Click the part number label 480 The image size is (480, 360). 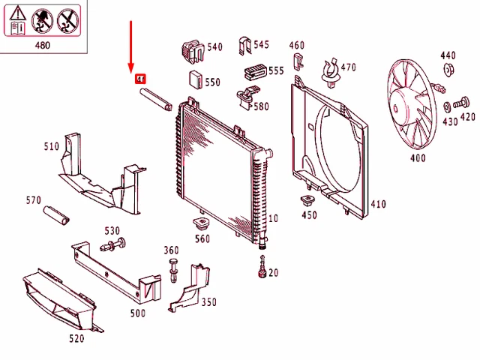click(x=43, y=45)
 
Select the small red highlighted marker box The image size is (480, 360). click(x=139, y=78)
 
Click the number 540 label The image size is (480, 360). click(x=215, y=47)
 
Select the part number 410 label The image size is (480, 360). click(x=378, y=204)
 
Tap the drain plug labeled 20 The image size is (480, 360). click(x=262, y=266)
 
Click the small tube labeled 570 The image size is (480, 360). click(x=55, y=215)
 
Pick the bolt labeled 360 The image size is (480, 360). click(x=173, y=268)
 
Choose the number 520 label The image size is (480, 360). click(x=76, y=339)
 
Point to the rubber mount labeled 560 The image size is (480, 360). click(x=201, y=224)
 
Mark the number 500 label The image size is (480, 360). click(x=137, y=313)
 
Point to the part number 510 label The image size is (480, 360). click(x=51, y=146)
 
